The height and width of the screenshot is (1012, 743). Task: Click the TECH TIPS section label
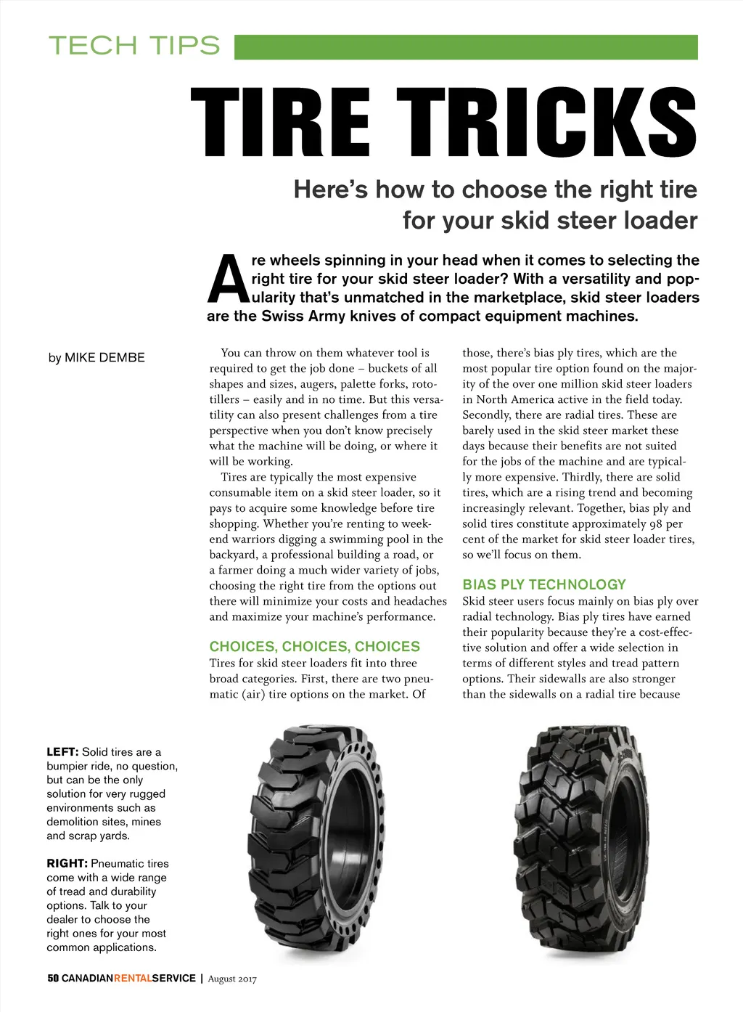(134, 46)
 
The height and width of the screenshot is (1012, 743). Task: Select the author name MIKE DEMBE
(104, 357)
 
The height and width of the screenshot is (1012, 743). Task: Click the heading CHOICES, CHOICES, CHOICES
(314, 646)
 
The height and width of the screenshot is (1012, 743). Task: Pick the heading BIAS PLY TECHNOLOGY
(544, 584)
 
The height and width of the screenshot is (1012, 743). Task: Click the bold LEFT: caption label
(62, 752)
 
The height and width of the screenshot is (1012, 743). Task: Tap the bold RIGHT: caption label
(67, 863)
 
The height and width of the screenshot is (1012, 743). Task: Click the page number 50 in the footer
(53, 978)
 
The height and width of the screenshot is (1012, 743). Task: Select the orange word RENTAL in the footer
(133, 978)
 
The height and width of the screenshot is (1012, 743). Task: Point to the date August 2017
(232, 979)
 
